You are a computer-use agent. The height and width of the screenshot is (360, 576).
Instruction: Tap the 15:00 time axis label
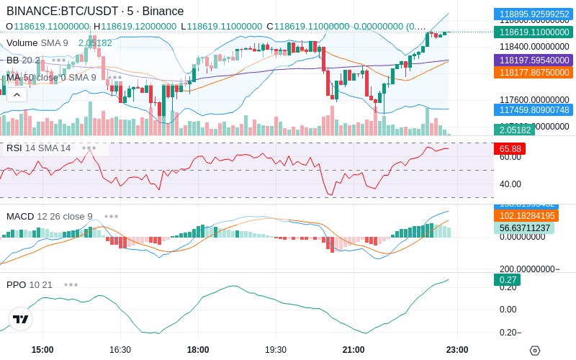point(42,349)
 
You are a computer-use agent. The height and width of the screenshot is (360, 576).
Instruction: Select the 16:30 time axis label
point(120,349)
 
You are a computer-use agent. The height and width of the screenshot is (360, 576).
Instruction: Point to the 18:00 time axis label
point(197,349)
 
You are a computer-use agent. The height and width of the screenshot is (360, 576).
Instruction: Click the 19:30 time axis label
point(275,349)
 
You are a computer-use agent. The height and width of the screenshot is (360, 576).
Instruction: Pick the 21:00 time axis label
point(353,349)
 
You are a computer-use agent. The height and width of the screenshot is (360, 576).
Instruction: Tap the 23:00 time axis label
point(457,349)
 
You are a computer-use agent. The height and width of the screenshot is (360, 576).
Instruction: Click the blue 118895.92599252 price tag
point(532,14)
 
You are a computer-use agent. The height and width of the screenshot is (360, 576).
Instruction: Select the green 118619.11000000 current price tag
point(532,32)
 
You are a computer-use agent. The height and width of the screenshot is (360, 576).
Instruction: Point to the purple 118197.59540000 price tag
point(532,60)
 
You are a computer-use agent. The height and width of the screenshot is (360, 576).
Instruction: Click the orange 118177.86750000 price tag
point(532,73)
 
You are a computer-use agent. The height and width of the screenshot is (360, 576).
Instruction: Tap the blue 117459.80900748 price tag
point(532,109)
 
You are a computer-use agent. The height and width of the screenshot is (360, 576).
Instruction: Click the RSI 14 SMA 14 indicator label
point(38,148)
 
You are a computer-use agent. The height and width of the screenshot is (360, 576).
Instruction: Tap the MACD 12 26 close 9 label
point(49,216)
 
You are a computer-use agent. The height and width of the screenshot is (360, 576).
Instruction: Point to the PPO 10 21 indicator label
point(30,284)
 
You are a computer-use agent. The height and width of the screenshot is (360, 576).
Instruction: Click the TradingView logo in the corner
point(21,319)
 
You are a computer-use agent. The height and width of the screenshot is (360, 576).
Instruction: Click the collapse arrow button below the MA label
point(16,94)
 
